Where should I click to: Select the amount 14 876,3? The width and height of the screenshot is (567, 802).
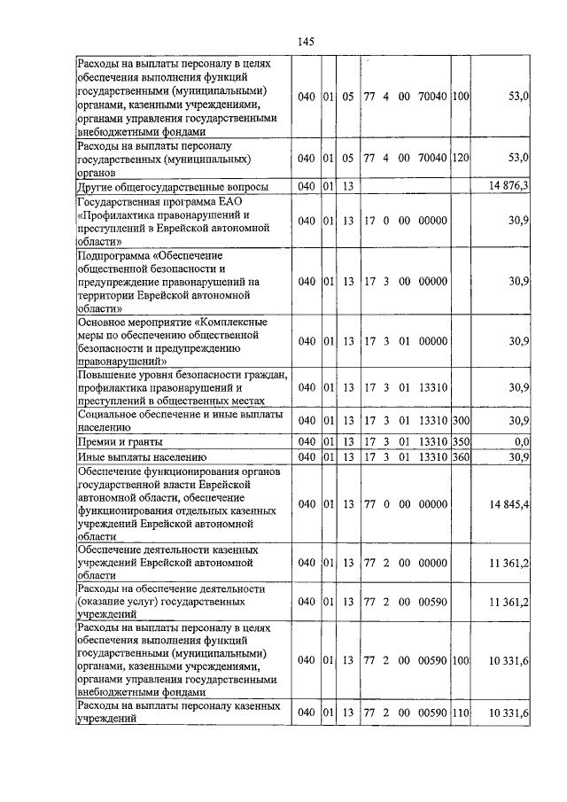[x=509, y=185]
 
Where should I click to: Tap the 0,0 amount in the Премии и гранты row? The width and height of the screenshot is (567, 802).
[x=521, y=440]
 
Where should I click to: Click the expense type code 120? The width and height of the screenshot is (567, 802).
[x=460, y=158]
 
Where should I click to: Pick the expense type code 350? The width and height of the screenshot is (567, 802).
[x=460, y=440]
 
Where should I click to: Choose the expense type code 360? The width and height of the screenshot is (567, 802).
[x=460, y=456]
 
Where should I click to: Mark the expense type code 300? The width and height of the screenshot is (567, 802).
[x=460, y=420]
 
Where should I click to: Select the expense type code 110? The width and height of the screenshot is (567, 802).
[x=460, y=712]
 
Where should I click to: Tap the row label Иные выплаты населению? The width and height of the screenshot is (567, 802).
[x=134, y=456]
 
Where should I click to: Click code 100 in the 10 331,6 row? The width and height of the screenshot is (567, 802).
[x=460, y=660]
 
